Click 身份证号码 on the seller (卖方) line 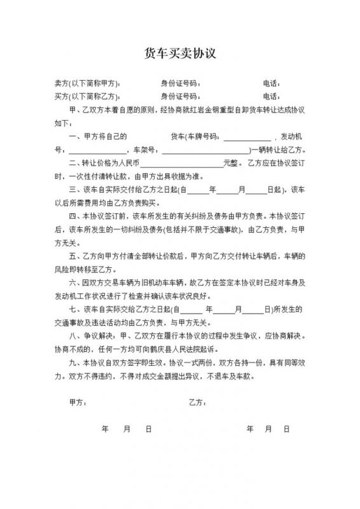179,84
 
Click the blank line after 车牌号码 247,137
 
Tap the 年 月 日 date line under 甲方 127,429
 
